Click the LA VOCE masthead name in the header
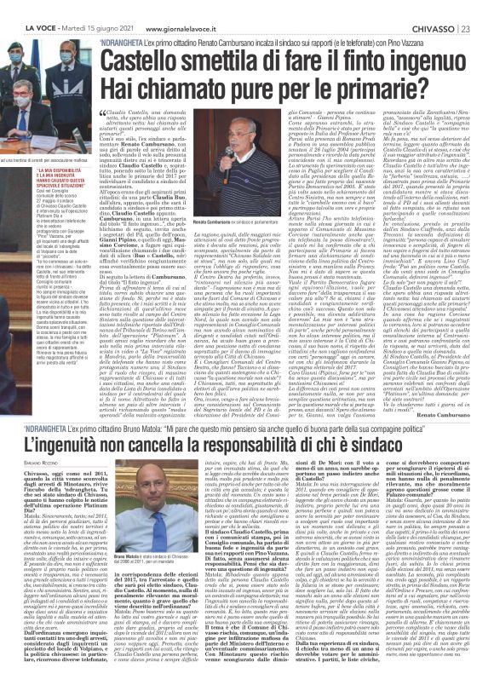tap(23, 7)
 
